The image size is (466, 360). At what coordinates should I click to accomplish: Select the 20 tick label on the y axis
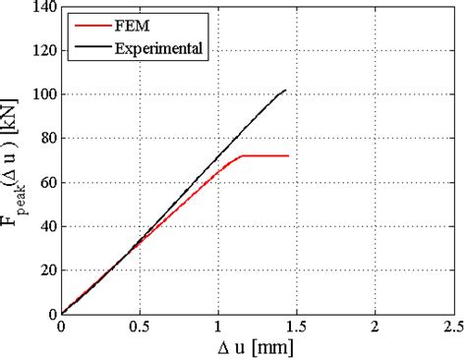coord(40,270)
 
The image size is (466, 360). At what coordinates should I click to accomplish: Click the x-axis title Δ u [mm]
coord(258,347)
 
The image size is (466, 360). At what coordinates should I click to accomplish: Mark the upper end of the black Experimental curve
coord(285,90)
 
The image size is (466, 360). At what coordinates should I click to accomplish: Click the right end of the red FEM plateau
coord(288,155)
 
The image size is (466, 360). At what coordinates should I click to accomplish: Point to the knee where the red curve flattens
coord(241,155)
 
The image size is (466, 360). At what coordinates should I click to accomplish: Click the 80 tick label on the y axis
coord(40,139)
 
